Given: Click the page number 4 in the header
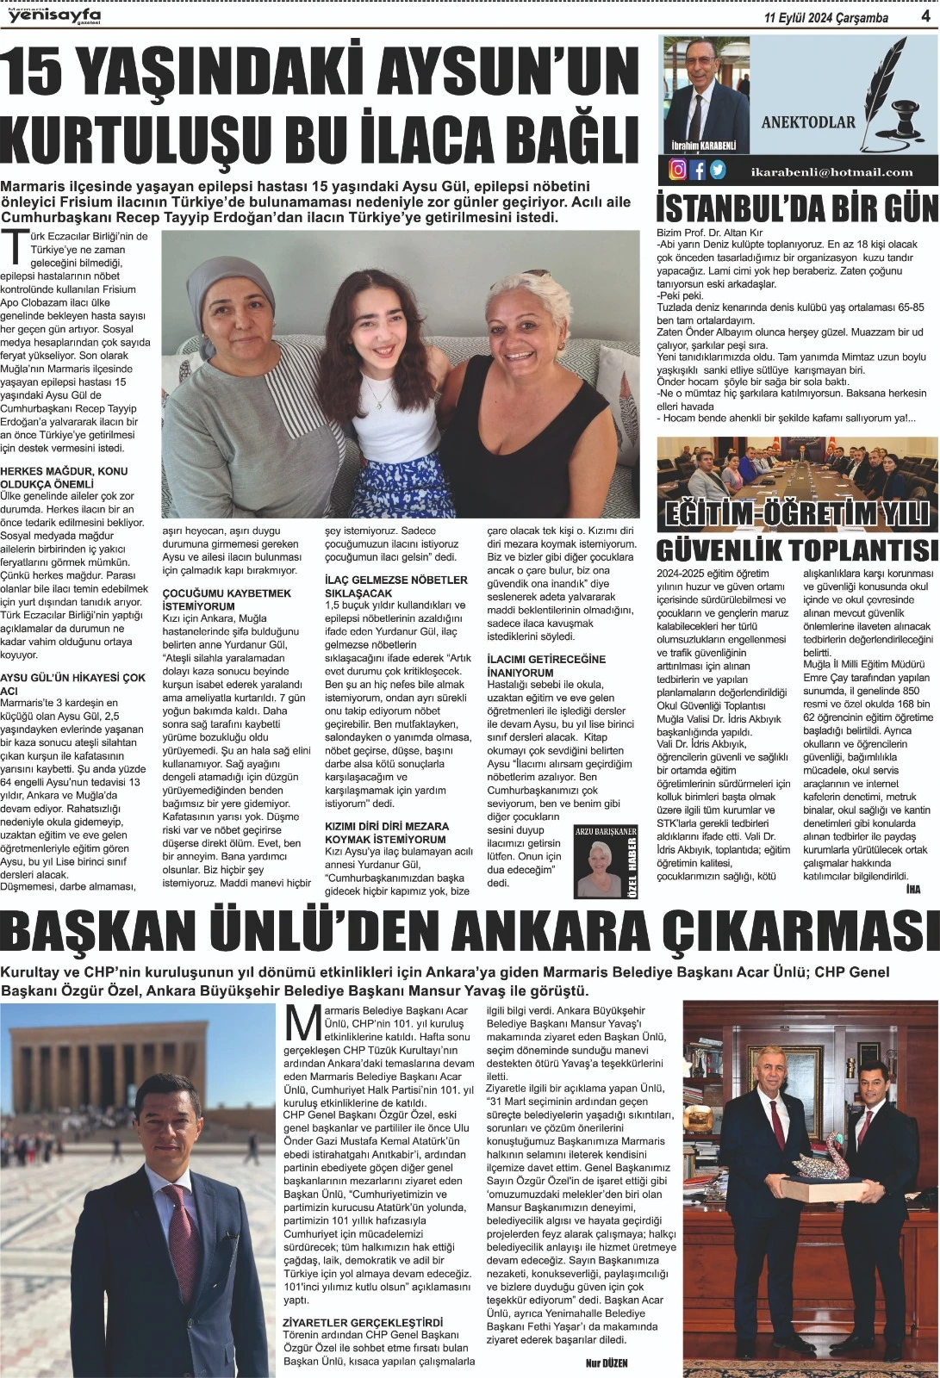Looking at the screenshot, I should click(924, 17).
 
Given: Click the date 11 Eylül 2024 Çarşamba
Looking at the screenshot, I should click(826, 18).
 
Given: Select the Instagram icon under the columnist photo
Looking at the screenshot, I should click(678, 170).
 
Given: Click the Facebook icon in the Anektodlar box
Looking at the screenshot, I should click(698, 170).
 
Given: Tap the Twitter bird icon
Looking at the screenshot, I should click(717, 170).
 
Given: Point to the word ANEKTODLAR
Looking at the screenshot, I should click(807, 122).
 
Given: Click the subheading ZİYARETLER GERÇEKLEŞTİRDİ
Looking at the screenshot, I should click(362, 1322).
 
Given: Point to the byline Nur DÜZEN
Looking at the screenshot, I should click(608, 1363).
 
